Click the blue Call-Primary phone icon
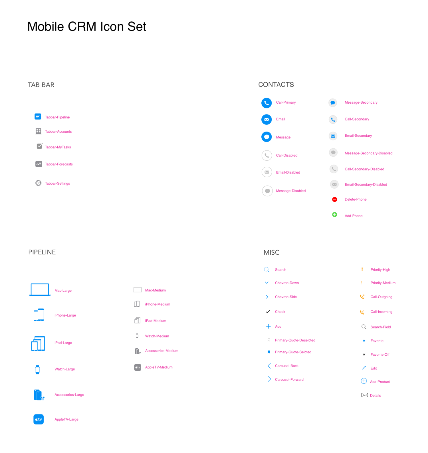(267, 103)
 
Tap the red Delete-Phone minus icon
(335, 199)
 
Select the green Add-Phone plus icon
(335, 214)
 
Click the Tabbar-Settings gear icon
(38, 183)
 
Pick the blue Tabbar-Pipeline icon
(38, 116)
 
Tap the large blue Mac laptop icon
(40, 289)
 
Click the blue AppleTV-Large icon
(39, 419)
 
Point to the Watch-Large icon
(37, 369)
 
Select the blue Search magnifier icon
(267, 269)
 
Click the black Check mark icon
(268, 311)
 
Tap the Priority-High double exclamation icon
(362, 269)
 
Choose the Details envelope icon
(365, 395)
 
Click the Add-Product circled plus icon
(364, 381)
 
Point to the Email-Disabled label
(288, 172)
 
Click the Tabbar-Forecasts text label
(59, 164)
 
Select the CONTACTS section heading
(276, 84)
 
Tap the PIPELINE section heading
(42, 252)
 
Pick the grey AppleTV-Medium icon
(138, 367)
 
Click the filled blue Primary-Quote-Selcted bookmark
(269, 352)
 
